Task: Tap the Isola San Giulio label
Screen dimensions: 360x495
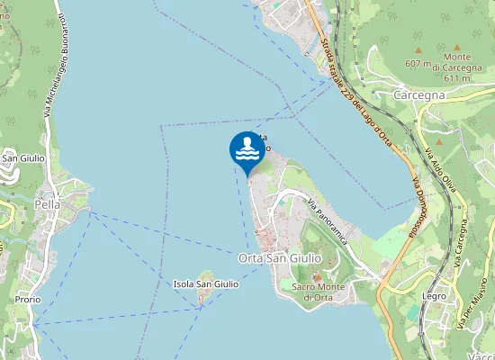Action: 206,284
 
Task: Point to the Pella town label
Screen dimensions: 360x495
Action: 47,203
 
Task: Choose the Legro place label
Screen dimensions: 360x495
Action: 434,294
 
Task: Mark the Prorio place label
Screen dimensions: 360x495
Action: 27,300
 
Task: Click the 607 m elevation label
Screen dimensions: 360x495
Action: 418,64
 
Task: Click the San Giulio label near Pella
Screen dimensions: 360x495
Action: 23,158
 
